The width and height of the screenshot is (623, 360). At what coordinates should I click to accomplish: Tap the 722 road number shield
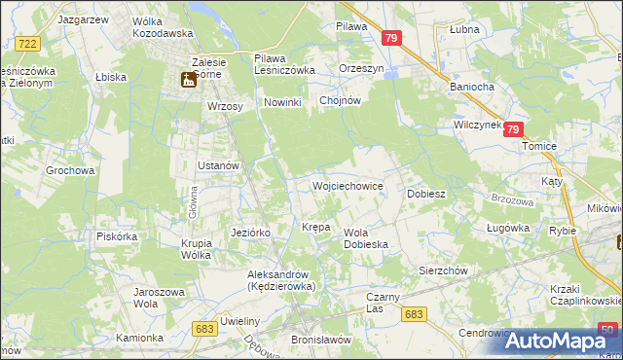27,44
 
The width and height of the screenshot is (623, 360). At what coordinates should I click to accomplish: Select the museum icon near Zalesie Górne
186,82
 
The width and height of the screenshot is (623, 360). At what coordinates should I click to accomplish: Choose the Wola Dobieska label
366,238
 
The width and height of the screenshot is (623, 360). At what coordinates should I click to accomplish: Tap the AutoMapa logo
561,341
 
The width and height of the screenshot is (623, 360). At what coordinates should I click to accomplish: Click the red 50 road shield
607,329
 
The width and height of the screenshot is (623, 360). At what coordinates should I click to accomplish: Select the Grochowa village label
70,170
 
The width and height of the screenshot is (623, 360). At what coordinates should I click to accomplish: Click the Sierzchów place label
443,271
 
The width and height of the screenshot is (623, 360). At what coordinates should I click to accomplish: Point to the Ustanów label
218,165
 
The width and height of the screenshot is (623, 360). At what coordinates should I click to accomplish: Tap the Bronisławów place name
320,340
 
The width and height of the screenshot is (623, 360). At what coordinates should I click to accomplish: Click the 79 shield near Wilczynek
514,129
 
